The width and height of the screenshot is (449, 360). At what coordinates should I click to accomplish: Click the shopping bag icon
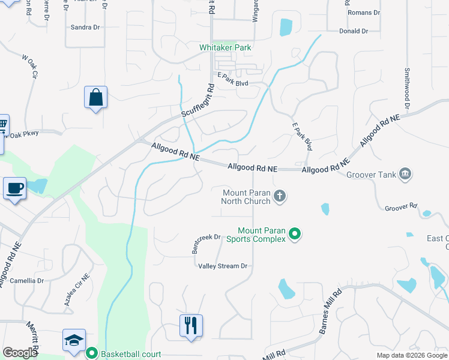tap(97, 97)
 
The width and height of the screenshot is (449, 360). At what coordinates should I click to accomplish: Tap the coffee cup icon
tap(15, 188)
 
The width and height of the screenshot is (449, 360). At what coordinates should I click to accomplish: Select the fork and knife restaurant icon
tap(191, 326)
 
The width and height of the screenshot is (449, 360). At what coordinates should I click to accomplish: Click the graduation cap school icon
tap(74, 340)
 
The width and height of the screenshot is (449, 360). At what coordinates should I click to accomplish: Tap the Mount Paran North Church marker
tap(279, 196)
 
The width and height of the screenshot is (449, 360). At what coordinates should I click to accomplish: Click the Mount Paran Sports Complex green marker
tap(295, 233)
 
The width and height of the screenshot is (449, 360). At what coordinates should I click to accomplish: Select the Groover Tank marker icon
tap(405, 175)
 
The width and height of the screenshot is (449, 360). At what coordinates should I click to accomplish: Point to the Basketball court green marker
tap(91, 354)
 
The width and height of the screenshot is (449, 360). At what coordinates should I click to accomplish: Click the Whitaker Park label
tap(225, 47)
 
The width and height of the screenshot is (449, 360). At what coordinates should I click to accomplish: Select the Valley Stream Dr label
tap(223, 266)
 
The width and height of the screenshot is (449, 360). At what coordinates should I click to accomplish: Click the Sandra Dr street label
tap(85, 27)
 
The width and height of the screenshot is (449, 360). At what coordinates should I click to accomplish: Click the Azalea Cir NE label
tap(77, 292)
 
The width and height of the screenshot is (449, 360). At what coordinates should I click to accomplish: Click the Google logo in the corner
tap(20, 353)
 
